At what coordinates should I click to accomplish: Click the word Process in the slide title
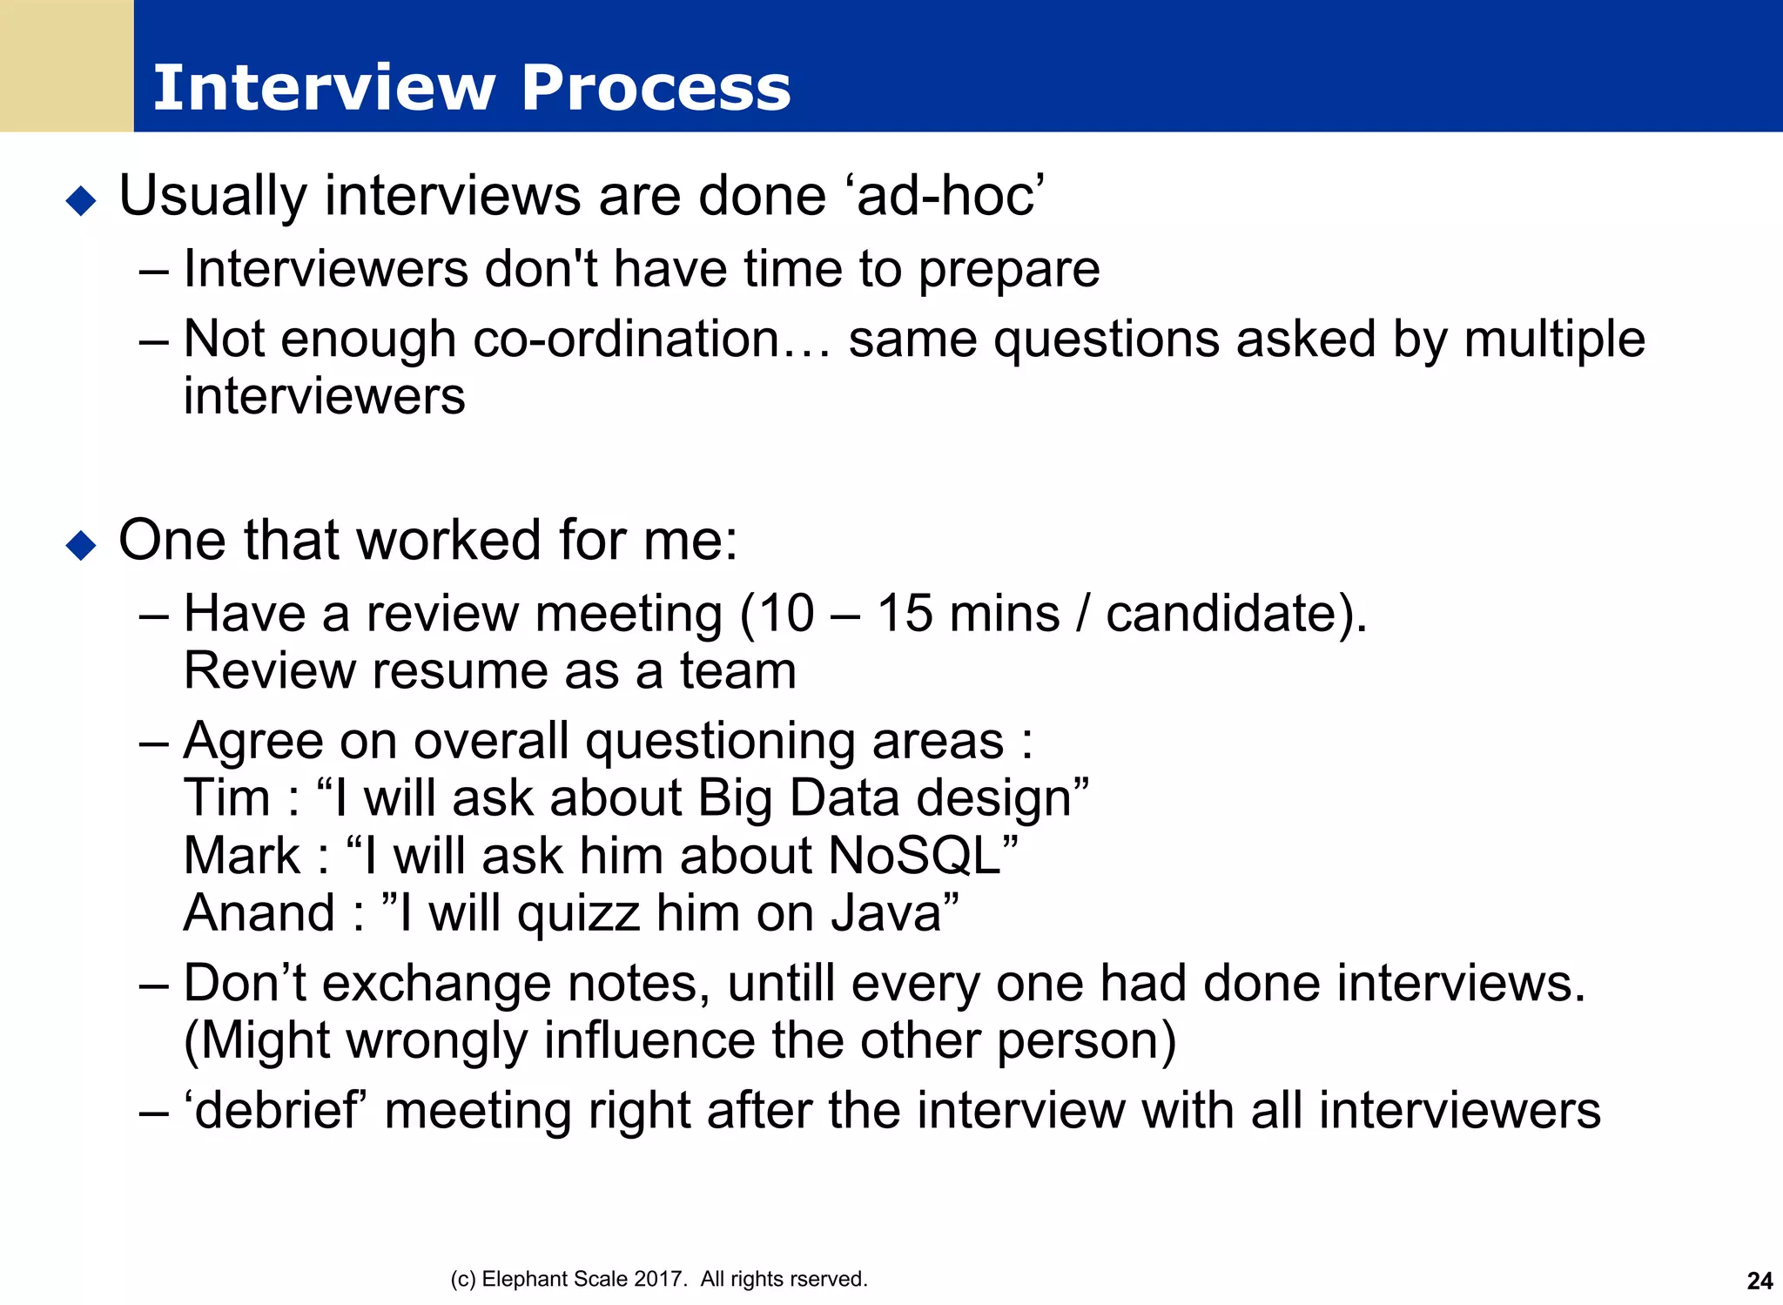tap(656, 88)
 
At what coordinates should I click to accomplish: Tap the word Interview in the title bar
tap(324, 88)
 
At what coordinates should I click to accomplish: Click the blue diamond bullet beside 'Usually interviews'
tap(81, 201)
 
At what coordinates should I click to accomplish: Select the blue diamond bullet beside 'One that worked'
tap(81, 546)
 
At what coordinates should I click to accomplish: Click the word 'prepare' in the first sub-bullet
tap(1009, 270)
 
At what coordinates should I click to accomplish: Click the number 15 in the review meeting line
tap(905, 613)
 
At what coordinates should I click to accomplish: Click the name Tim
tap(226, 798)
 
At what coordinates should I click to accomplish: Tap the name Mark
tap(242, 856)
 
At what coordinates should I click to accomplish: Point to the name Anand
tap(259, 913)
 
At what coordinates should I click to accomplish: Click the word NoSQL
tap(915, 856)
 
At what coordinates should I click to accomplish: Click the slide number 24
tap(1759, 1281)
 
